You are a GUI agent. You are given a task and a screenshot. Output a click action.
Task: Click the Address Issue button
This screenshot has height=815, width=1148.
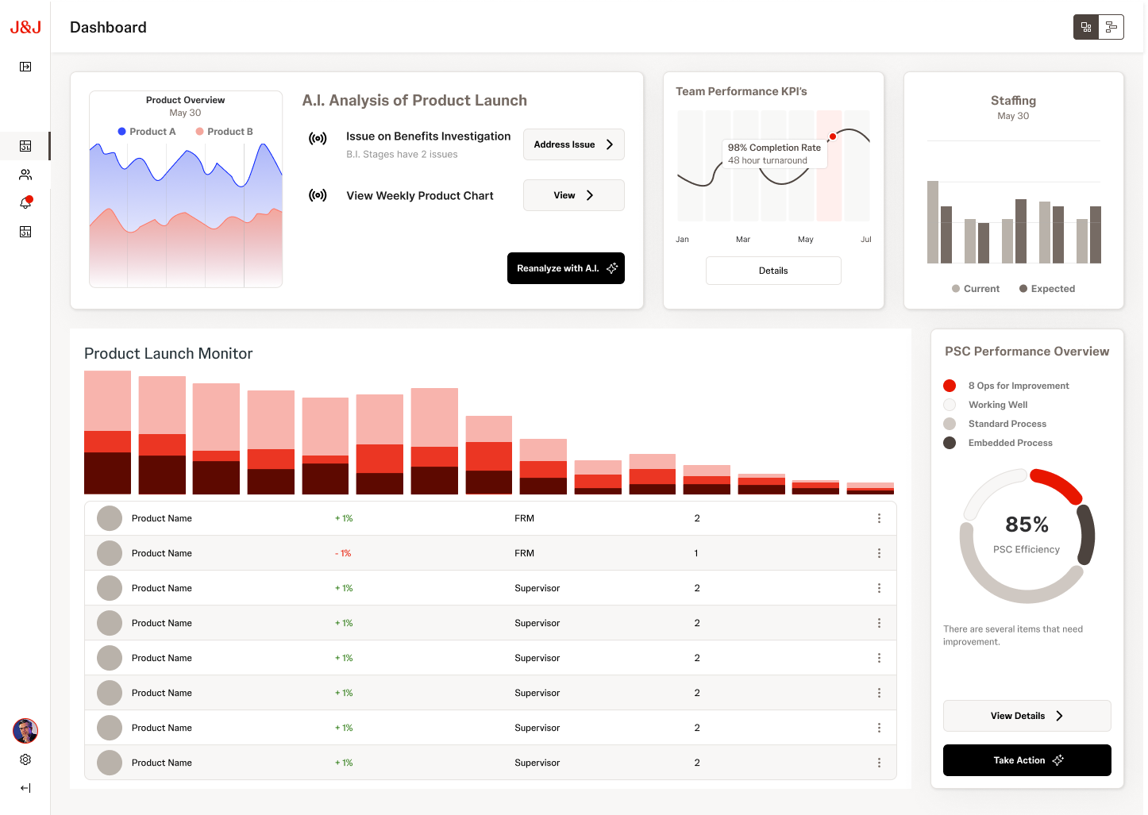(x=573, y=144)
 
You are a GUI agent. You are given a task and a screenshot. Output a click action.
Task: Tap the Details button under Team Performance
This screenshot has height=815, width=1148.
(x=772, y=271)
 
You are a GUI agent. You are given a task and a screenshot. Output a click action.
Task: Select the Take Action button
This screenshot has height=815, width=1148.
(x=1027, y=760)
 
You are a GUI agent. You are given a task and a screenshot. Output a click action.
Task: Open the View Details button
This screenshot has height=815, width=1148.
(x=1027, y=716)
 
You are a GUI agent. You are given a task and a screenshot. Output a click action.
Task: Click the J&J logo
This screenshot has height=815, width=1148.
(x=25, y=28)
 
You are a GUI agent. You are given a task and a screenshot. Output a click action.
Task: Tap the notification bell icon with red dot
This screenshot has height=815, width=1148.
(x=25, y=203)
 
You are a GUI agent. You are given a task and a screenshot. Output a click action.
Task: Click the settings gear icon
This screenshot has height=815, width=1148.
(x=25, y=759)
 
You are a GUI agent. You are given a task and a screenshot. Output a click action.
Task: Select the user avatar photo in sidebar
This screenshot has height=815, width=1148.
(x=25, y=730)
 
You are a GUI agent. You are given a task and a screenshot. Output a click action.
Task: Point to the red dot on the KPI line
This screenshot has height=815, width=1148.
(x=833, y=136)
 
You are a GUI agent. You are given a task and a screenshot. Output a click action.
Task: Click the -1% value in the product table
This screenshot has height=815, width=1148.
(x=343, y=553)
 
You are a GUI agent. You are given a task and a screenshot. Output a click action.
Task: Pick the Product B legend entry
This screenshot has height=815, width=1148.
(x=225, y=132)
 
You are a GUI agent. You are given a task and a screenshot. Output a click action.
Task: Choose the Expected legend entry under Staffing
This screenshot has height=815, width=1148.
(x=1047, y=289)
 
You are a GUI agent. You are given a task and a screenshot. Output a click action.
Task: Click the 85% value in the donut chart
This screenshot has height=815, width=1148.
(x=1027, y=525)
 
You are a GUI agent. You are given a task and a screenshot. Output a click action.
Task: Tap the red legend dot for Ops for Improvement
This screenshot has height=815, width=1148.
(x=950, y=386)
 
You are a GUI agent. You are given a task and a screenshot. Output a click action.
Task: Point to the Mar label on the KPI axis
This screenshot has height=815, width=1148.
(x=743, y=239)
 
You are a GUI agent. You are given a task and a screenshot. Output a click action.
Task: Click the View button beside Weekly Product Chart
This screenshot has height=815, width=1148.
(x=573, y=195)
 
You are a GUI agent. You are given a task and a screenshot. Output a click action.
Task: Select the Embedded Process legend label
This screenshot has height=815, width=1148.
(x=1010, y=443)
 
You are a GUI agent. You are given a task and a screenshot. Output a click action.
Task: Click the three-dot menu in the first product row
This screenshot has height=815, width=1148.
(x=879, y=518)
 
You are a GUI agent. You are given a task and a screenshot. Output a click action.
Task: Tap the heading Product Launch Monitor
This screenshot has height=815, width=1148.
(x=168, y=354)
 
